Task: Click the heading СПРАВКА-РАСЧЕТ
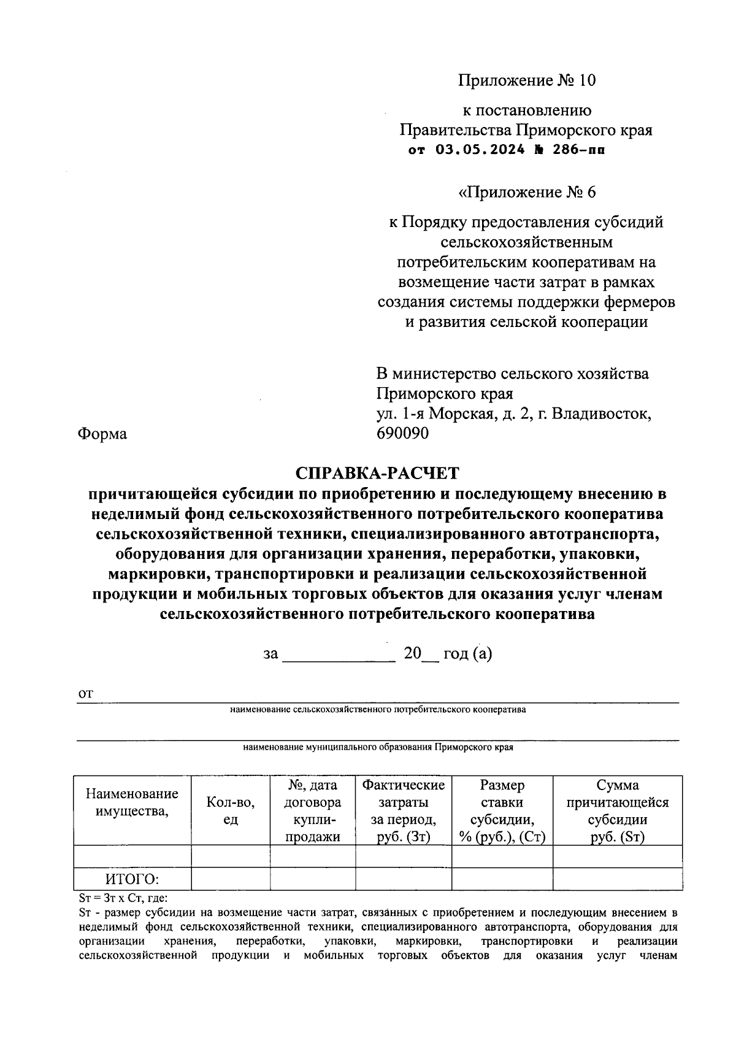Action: coord(377,473)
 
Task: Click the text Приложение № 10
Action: coord(526,80)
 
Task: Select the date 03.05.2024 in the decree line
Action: coord(480,150)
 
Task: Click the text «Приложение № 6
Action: coord(526,192)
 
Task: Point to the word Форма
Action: coord(102,434)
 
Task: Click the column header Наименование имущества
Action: coord(132,802)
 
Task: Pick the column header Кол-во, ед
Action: coord(230,811)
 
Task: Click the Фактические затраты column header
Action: coord(403,811)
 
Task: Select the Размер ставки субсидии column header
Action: coord(502,811)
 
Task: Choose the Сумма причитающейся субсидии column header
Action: coord(617,811)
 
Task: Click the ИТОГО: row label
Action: coord(132,879)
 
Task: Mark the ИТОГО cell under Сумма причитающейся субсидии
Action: coord(617,879)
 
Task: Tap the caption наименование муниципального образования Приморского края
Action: coord(378,748)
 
